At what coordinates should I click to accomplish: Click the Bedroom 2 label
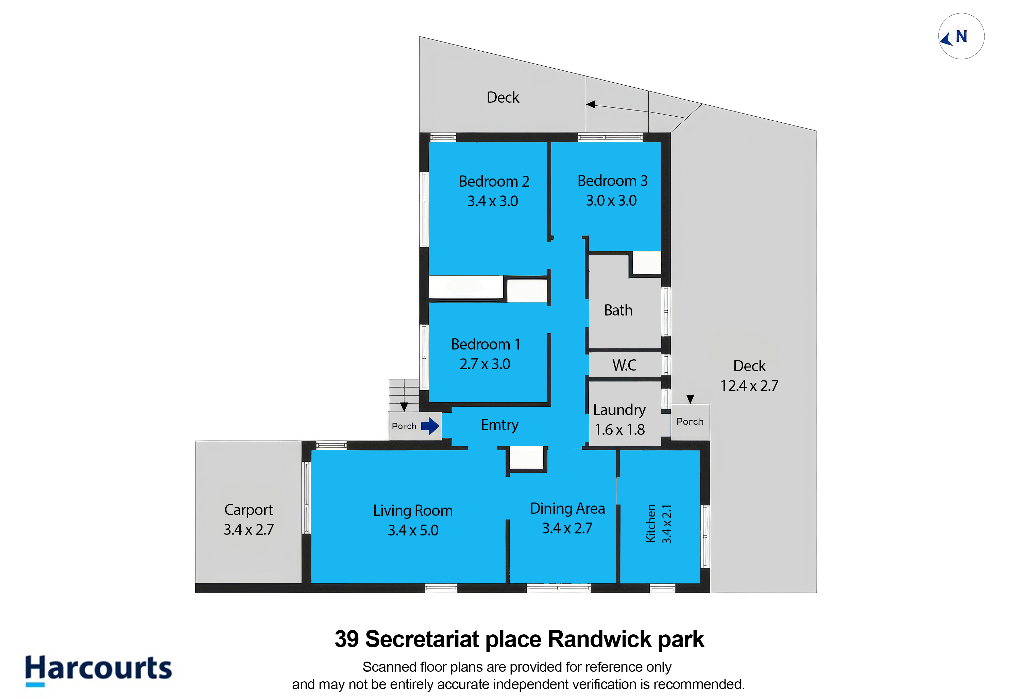click(494, 181)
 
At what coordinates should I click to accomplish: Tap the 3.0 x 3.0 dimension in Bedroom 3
click(611, 201)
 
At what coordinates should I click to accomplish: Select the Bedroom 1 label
click(486, 344)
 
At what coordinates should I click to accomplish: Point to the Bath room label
click(618, 310)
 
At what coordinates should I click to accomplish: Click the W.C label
click(624, 365)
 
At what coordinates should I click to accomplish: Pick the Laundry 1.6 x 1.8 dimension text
click(619, 430)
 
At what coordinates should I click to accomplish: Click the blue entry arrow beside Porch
click(430, 426)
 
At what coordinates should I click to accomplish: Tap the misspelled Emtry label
click(499, 425)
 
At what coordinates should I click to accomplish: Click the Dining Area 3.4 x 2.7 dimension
click(567, 528)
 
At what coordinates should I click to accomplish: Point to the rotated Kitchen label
click(651, 524)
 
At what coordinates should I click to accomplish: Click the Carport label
click(249, 510)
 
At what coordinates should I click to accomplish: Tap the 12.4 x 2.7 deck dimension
click(749, 386)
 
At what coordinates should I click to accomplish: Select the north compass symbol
click(961, 36)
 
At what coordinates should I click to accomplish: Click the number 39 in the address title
click(347, 639)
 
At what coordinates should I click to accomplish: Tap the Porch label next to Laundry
click(690, 422)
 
